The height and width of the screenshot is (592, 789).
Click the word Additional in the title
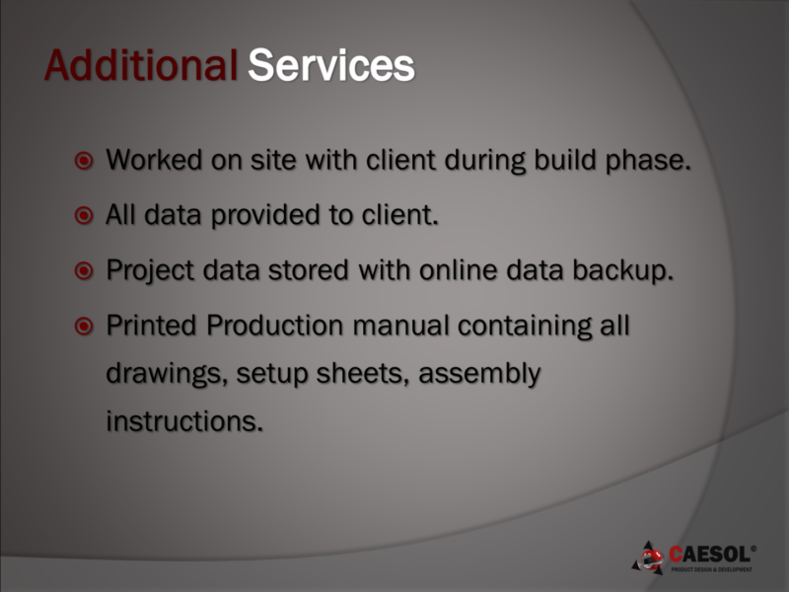click(141, 65)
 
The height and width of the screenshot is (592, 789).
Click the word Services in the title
click(331, 65)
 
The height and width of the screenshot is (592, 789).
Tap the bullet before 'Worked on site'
click(84, 161)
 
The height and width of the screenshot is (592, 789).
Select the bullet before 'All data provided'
click(84, 215)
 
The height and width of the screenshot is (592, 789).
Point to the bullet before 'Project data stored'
click(84, 270)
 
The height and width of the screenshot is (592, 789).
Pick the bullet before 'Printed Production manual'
click(84, 327)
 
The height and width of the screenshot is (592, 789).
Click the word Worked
click(154, 160)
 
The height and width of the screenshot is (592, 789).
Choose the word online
click(459, 269)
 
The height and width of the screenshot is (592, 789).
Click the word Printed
click(152, 326)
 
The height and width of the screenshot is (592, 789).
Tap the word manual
click(400, 326)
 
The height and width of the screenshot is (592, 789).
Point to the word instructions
click(184, 421)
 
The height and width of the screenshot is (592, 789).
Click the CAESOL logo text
click(712, 555)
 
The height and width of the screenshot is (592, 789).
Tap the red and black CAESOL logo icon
click(649, 558)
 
